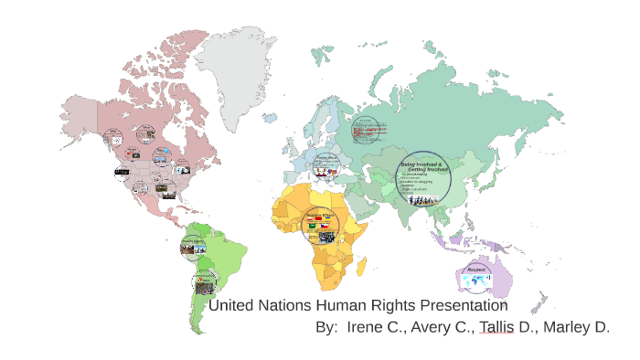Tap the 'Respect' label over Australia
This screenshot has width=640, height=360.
click(x=476, y=270)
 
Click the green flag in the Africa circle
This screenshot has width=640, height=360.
click(x=313, y=227)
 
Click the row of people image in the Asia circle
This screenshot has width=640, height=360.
click(x=422, y=196)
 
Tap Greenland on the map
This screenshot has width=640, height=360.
click(x=242, y=64)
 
